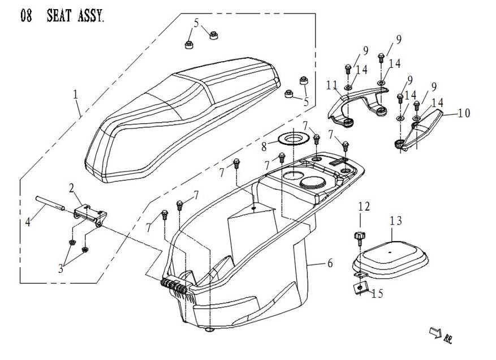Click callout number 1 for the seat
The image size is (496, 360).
click(76, 94)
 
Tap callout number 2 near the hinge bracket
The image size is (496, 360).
click(72, 187)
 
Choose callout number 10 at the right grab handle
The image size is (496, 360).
click(464, 113)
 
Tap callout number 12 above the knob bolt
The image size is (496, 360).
click(363, 207)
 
